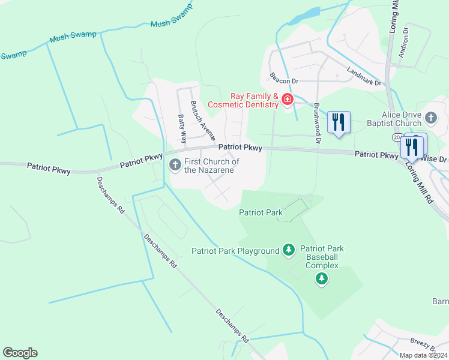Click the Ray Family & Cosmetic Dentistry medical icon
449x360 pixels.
coord(288,100)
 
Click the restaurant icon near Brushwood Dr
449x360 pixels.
coord(338,123)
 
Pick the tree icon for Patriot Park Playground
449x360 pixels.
coord(289,250)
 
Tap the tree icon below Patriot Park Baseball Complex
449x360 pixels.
coord(322,278)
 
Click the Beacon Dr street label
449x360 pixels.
coord(283,78)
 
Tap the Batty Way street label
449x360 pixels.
coord(181,128)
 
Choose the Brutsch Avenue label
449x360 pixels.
coord(203,119)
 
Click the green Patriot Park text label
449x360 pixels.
coord(261,212)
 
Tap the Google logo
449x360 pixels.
coord(20,353)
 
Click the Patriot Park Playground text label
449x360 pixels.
coord(235,251)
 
